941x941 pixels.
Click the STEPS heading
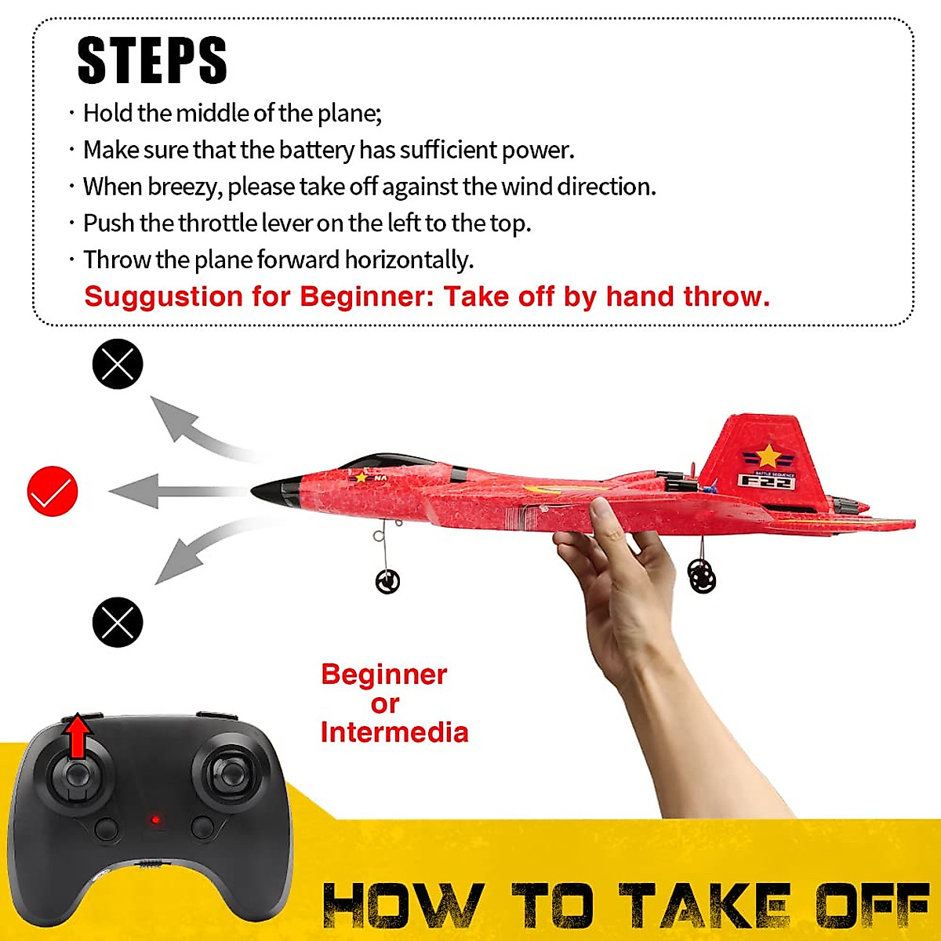pyautogui.click(x=152, y=60)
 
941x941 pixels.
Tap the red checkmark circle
pyautogui.click(x=53, y=492)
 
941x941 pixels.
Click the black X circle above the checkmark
pyautogui.click(x=118, y=364)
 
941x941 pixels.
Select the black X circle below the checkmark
pyautogui.click(x=118, y=622)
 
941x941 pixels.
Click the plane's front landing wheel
pyautogui.click(x=387, y=581)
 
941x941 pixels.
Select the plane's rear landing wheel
pyautogui.click(x=702, y=577)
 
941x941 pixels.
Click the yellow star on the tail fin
pyautogui.click(x=768, y=456)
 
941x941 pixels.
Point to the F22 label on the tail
pyautogui.click(x=766, y=481)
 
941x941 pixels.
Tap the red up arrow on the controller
pyautogui.click(x=77, y=736)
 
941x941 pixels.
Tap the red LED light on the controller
pyautogui.click(x=155, y=820)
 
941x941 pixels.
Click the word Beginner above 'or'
pyautogui.click(x=383, y=674)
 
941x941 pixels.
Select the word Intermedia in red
pyautogui.click(x=394, y=732)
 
